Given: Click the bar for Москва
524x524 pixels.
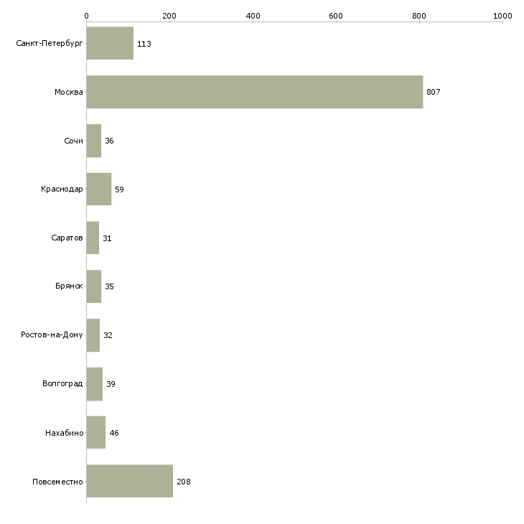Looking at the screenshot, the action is tap(255, 92).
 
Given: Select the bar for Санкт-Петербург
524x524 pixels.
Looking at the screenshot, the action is tap(110, 43).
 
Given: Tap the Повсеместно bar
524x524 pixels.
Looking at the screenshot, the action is tap(130, 481).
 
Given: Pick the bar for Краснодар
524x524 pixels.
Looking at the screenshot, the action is tap(99, 190).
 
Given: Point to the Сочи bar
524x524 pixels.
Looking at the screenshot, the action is tap(94, 141).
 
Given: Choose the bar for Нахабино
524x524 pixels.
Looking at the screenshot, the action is tap(96, 432).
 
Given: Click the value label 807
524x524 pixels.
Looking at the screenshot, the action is tap(434, 92).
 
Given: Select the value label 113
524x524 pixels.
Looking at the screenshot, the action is tap(144, 44).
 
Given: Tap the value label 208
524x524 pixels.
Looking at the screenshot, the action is tap(184, 482).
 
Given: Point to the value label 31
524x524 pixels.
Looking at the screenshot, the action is tap(107, 238).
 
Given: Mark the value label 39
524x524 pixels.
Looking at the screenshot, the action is tap(111, 384).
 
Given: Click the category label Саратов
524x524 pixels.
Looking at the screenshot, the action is tap(67, 238).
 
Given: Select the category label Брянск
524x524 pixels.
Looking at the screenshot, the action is tap(69, 286).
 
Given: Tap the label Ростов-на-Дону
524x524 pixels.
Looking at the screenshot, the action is tap(52, 334).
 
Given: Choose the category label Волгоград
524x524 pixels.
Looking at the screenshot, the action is tap(62, 383).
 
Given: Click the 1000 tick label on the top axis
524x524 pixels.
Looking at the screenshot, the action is tap(502, 16).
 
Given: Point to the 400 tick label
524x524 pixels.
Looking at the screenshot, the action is tap(253, 16).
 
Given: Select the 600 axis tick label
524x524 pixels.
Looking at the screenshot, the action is tap(336, 16).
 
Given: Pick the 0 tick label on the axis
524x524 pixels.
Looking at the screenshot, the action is tap(87, 16).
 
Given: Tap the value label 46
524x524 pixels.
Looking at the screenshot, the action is tap(114, 433).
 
